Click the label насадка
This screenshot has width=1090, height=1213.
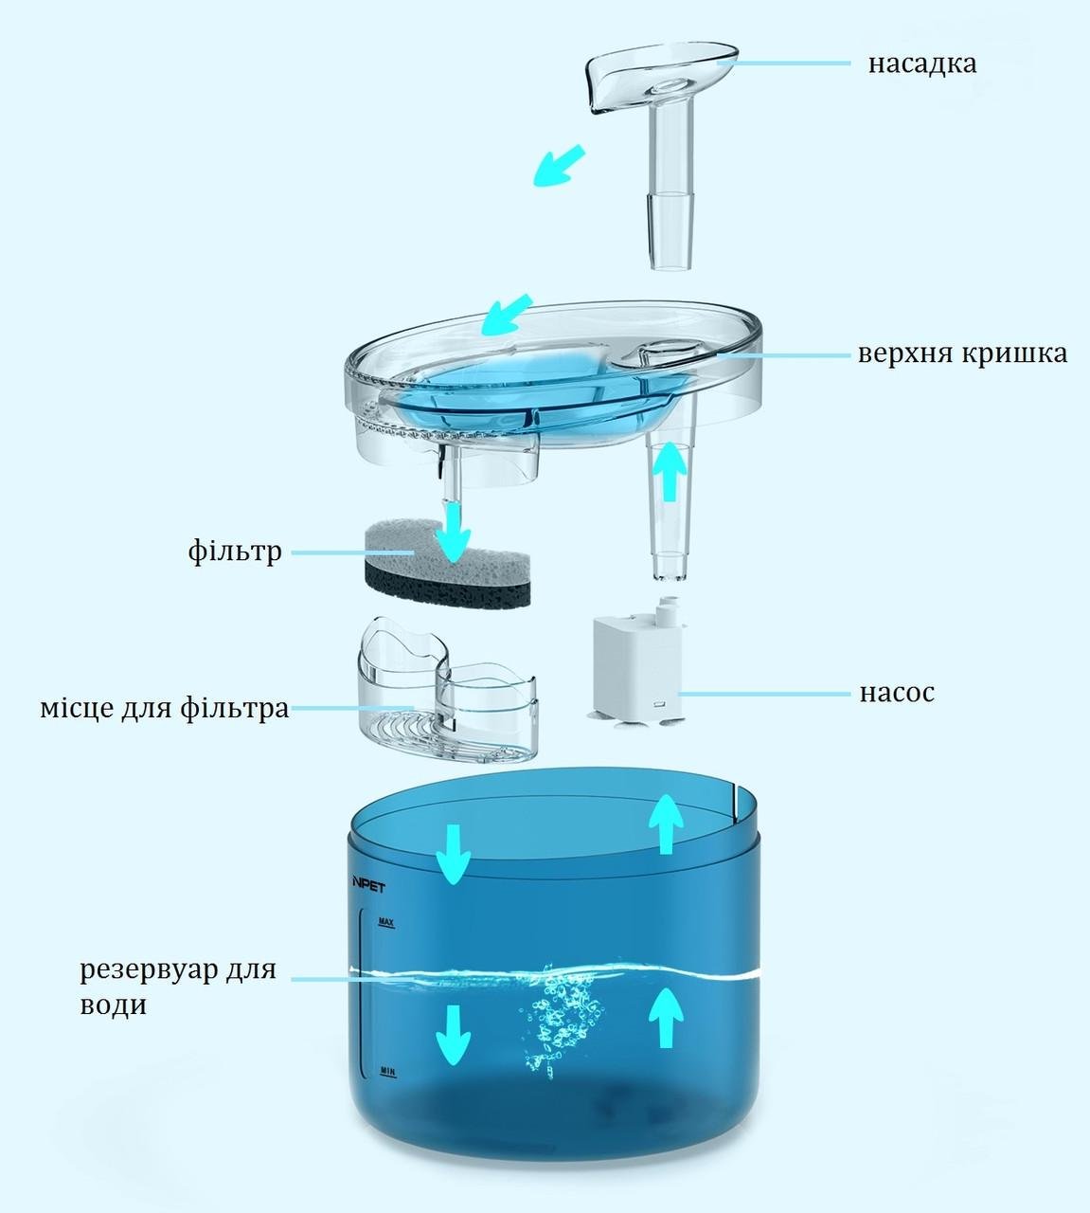pyautogui.click(x=922, y=63)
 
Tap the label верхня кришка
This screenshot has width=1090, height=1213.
pyautogui.click(x=962, y=353)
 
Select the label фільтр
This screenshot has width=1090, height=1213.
pyautogui.click(x=235, y=552)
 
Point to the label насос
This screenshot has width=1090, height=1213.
pyautogui.click(x=897, y=693)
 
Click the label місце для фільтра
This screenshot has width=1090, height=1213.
pyautogui.click(x=165, y=708)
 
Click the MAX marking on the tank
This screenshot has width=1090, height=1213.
pyautogui.click(x=386, y=923)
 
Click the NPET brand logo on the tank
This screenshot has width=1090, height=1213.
pyautogui.click(x=368, y=887)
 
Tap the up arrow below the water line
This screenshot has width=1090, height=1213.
pyautogui.click(x=666, y=1018)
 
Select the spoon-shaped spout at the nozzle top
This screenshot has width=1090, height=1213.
pyautogui.click(x=661, y=76)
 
